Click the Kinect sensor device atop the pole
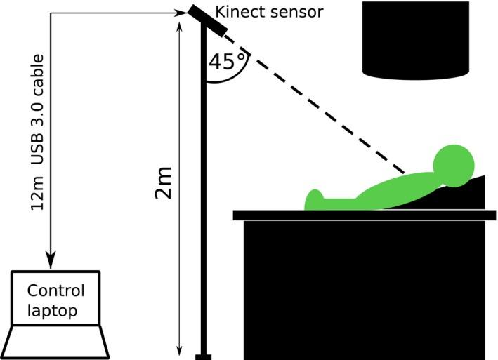[207, 20]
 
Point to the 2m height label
[162, 183]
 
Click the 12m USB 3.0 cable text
[38, 132]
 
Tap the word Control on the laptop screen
[55, 291]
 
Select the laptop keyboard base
[55, 342]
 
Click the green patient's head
[454, 166]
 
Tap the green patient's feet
[314, 200]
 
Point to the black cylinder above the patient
[415, 39]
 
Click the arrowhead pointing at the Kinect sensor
[182, 12]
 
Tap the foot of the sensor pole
[204, 356]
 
